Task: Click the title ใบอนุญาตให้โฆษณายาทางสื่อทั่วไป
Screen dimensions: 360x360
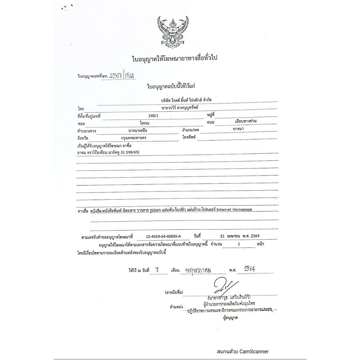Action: point(177,59)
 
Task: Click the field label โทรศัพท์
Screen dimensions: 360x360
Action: point(188,138)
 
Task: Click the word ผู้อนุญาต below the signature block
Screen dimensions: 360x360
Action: point(230,318)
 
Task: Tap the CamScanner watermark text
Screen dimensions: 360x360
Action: point(243,352)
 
